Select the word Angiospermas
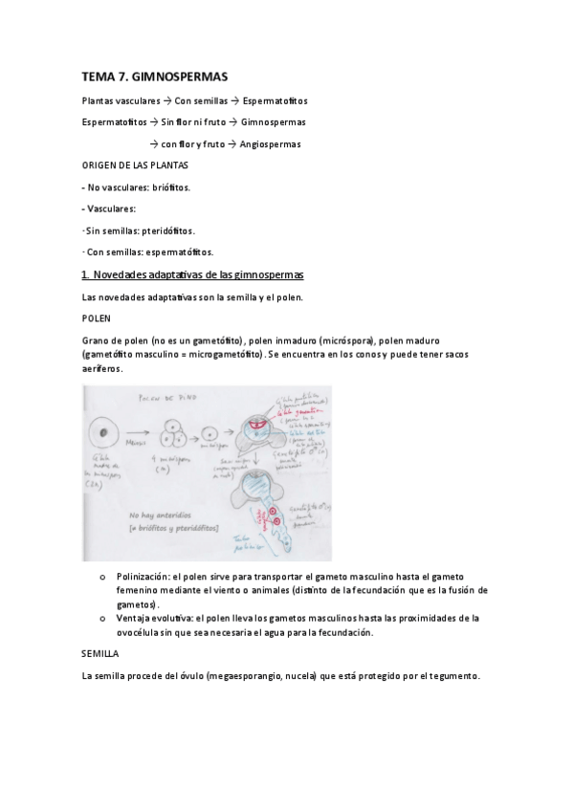(x=272, y=144)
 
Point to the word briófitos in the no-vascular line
(x=171, y=187)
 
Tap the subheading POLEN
(x=97, y=318)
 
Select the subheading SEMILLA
(x=100, y=655)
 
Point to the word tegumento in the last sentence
(x=453, y=677)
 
